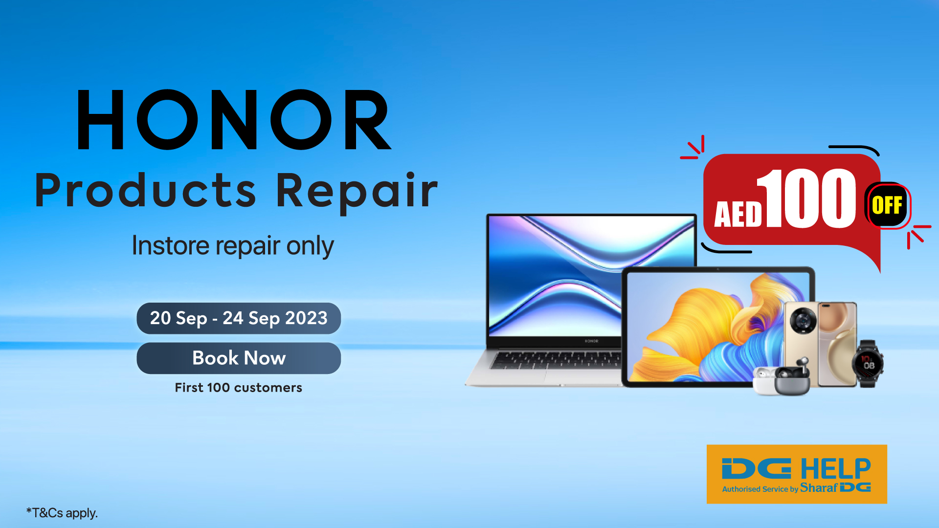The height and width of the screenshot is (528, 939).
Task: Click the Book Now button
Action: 239,358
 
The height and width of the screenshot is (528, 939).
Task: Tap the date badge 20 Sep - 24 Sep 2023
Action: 239,318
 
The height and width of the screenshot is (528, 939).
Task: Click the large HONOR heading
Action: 234,120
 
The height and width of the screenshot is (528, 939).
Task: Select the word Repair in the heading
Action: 357,192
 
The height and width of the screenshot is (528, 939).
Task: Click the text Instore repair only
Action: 233,246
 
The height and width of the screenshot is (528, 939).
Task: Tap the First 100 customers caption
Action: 239,388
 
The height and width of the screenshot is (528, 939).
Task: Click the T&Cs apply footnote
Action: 62,513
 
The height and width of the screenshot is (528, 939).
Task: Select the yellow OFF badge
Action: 887,205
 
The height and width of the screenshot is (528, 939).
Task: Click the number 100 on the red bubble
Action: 807,198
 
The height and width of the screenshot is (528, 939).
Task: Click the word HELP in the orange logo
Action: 835,469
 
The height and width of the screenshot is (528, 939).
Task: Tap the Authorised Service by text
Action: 760,489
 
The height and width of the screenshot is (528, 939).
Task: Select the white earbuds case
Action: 764,381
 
